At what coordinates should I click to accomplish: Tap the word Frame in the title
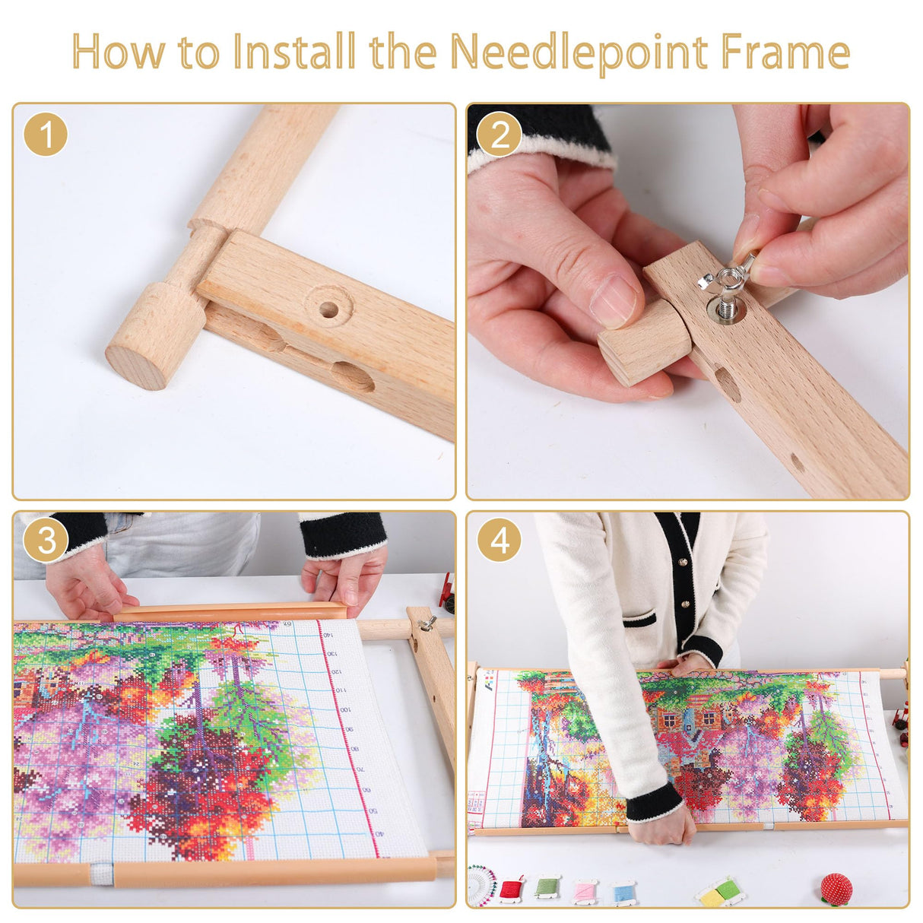coord(785,52)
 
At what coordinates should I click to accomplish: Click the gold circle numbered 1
coord(46,135)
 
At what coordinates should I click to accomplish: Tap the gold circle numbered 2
coord(500,135)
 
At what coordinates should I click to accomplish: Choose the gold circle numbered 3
coord(46,541)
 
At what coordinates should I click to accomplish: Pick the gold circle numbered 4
coord(500,541)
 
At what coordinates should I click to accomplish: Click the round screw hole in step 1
coord(328,309)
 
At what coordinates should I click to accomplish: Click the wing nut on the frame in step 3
coord(427,624)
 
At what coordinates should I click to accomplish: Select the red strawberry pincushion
coord(836,889)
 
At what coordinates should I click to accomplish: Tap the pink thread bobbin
coord(585,890)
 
